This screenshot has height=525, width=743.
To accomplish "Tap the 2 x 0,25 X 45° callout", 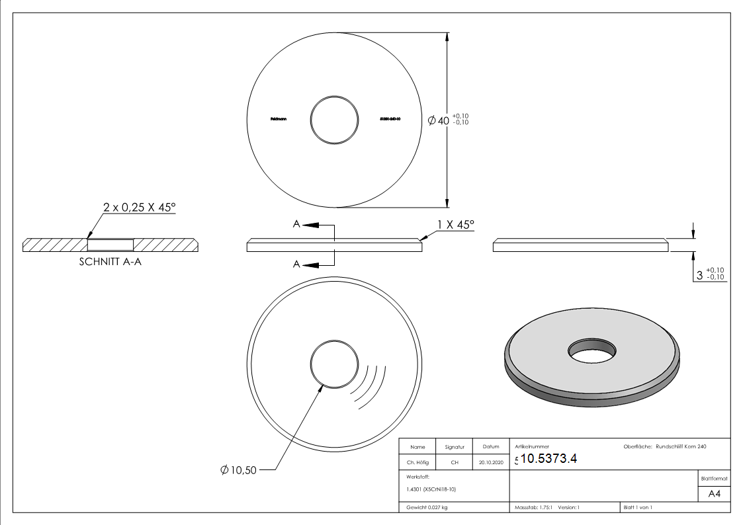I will (140, 208).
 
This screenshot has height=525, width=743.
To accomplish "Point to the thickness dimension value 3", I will (700, 274).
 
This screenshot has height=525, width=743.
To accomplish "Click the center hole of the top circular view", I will (335, 120).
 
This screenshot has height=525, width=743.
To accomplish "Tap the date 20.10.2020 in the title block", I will (490, 463).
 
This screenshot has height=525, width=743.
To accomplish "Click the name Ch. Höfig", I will (417, 463).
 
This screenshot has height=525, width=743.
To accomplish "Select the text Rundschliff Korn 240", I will (681, 447).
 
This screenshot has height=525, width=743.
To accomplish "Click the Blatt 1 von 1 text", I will (638, 508).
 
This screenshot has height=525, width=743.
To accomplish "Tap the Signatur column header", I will (454, 447).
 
